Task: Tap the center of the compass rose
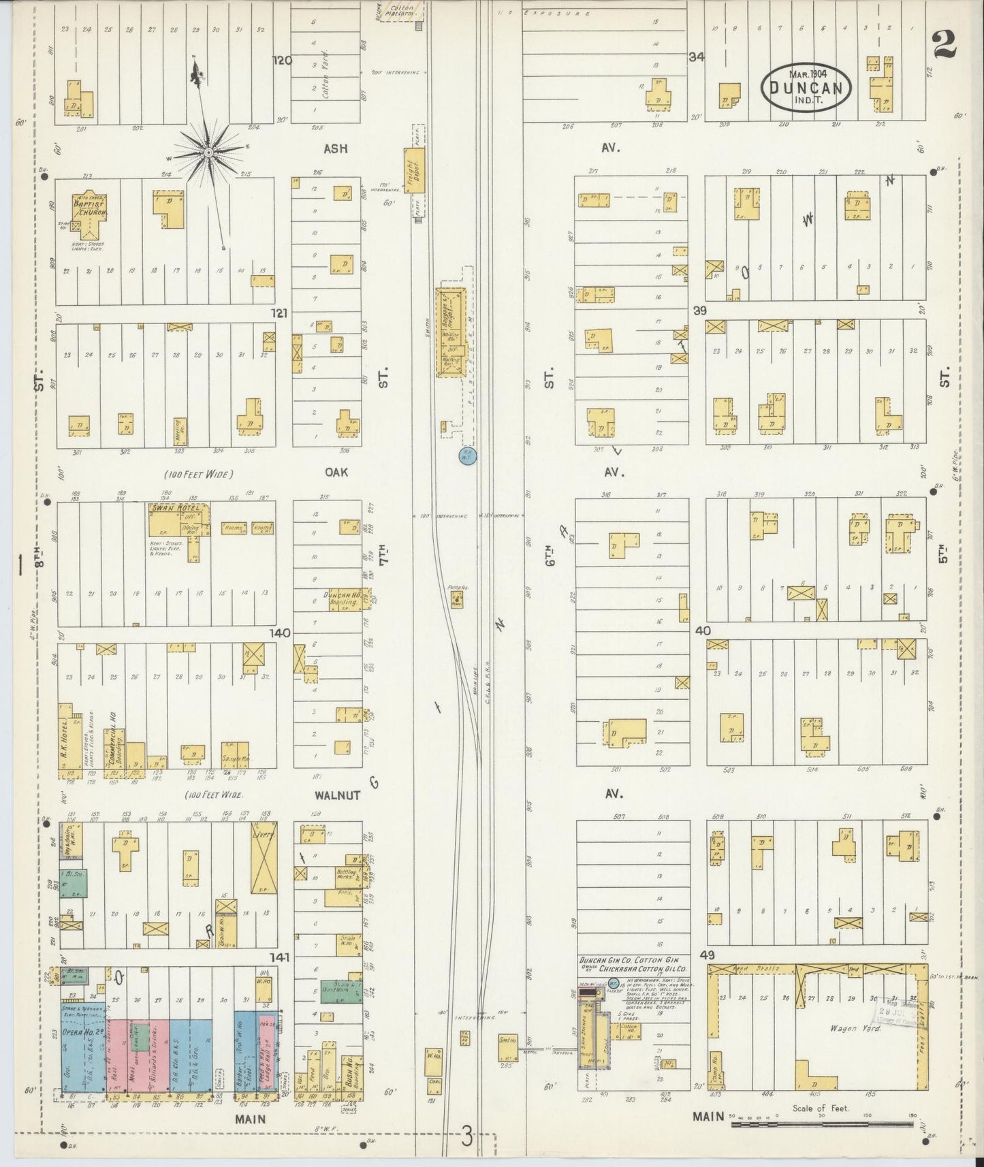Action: (207, 150)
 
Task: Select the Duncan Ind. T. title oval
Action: (806, 86)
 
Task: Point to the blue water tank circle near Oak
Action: (468, 457)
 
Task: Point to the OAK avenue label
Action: (336, 471)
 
